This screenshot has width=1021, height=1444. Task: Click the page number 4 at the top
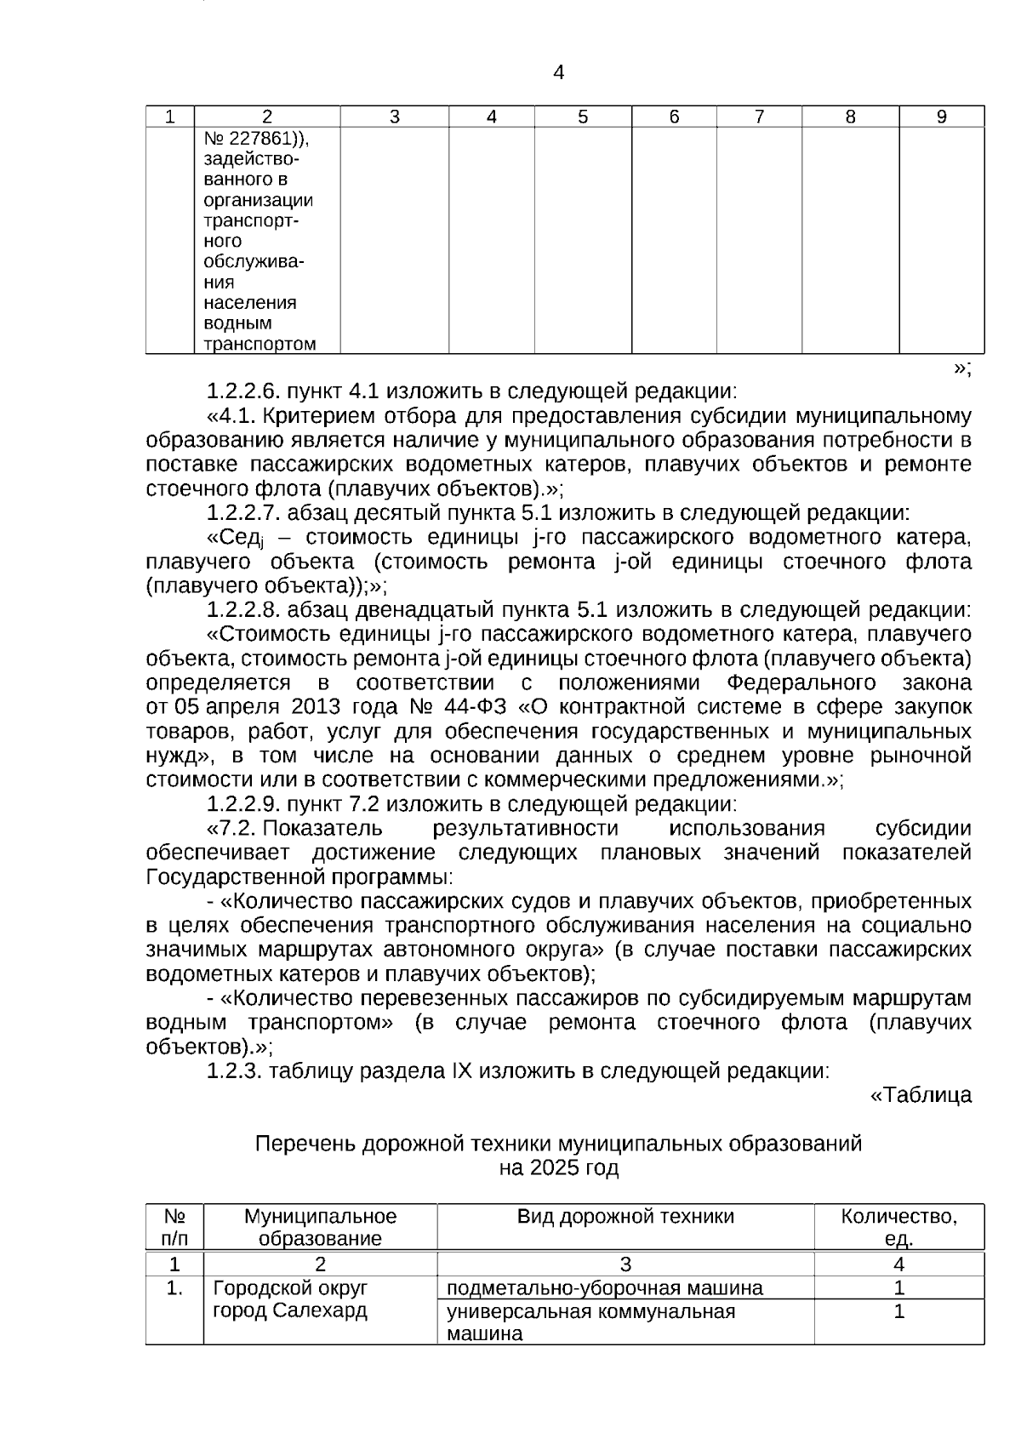[558, 73]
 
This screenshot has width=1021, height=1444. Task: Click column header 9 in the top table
[941, 117]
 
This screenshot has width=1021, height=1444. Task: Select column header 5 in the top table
[583, 117]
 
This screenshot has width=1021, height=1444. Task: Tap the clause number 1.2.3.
[235, 1071]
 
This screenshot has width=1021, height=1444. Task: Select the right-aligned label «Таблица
[920, 1096]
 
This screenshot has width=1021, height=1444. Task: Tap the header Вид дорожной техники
[625, 1217]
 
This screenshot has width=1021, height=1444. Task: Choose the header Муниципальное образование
[320, 1227]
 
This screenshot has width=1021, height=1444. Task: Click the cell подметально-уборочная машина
[605, 1288]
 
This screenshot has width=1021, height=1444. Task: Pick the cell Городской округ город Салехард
[290, 1299]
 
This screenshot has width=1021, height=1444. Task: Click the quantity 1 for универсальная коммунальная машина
[898, 1312]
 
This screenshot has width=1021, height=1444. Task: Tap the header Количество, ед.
[898, 1227]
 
